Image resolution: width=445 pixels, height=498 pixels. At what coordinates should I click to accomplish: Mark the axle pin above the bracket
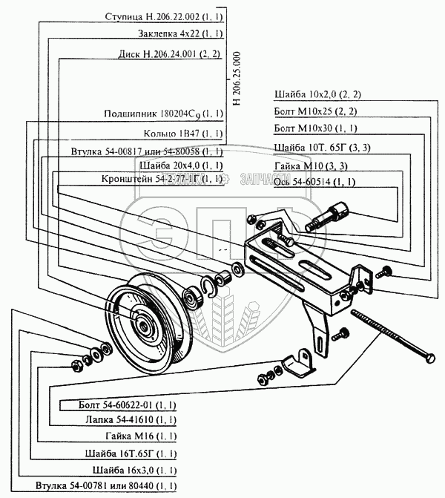pyautogui.click(x=331, y=215)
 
